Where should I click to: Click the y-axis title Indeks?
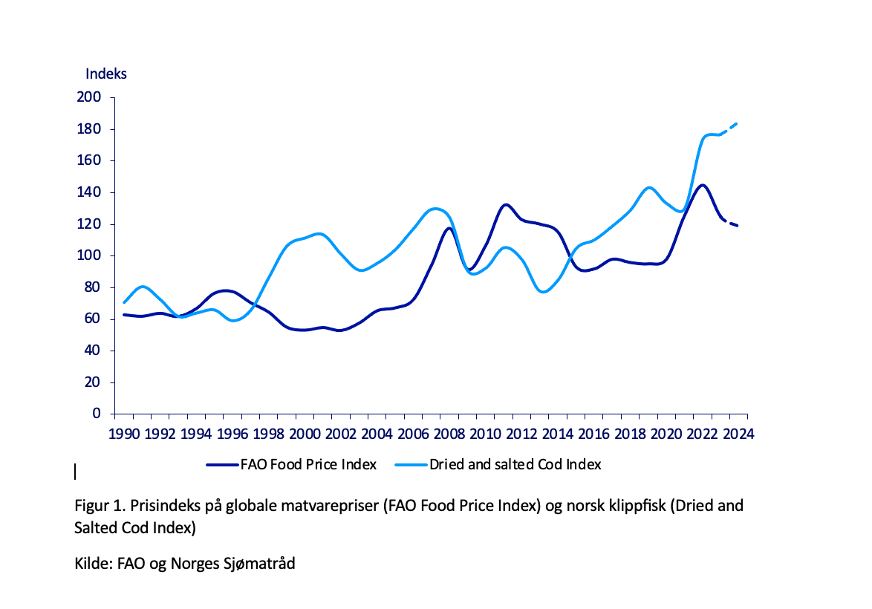click(x=106, y=74)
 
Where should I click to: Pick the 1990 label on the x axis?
click(x=124, y=434)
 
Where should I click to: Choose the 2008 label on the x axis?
click(x=449, y=434)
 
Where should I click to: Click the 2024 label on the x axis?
click(x=738, y=434)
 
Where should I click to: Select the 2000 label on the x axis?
click(x=305, y=434)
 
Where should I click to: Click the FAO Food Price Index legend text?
click(x=308, y=465)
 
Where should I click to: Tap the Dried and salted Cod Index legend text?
click(x=515, y=465)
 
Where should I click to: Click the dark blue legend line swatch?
click(x=222, y=465)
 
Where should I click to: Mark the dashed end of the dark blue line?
click(x=732, y=224)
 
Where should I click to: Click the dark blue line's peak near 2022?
click(x=702, y=186)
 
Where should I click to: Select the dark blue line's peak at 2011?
click(x=506, y=204)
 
